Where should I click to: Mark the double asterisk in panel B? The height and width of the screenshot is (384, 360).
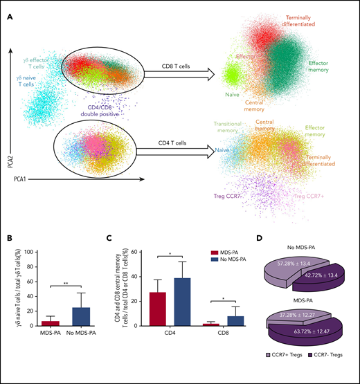point(66,282)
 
